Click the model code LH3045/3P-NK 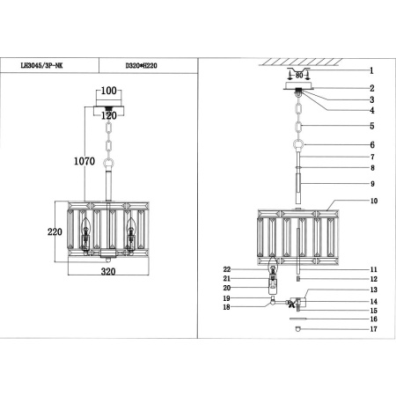55,64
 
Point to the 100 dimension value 108,91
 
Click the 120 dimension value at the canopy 108,114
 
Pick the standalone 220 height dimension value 55,233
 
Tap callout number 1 371,70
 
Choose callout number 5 371,126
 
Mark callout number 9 371,184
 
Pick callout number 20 226,288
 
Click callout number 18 226,307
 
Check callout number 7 371,157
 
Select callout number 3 371,99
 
